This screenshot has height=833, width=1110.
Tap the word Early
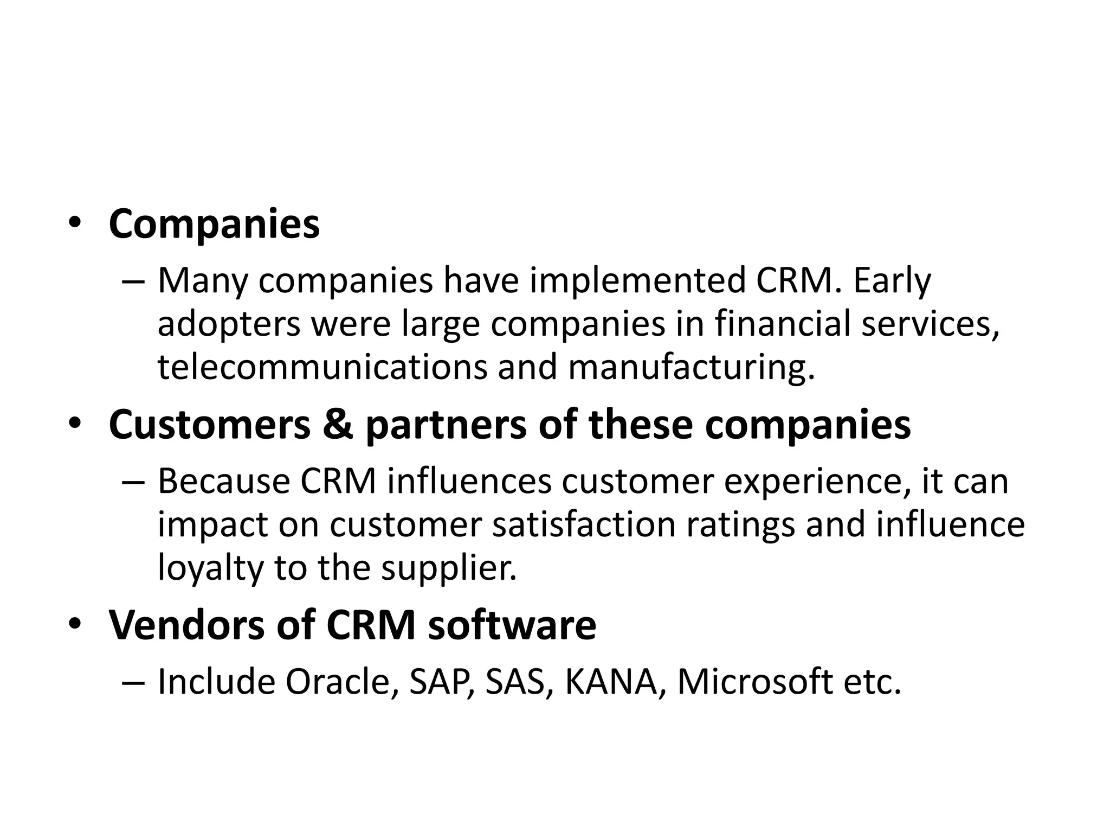pos(892,281)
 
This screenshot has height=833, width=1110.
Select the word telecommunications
pos(322,367)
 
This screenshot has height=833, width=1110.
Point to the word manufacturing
pos(691,368)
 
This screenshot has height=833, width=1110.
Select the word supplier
pos(449,568)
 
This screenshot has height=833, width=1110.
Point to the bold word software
pos(512,626)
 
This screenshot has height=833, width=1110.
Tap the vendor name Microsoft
pos(755,682)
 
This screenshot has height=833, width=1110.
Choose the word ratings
pos(740,526)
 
